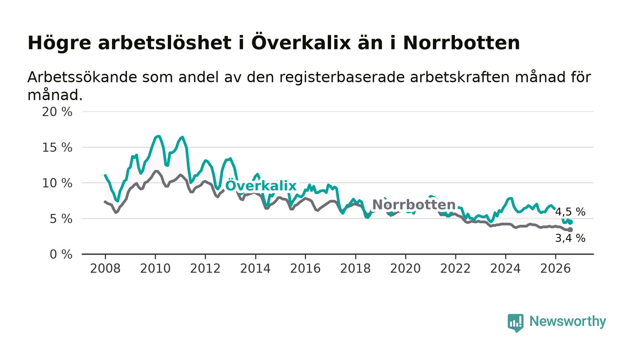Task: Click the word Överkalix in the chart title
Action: point(301,43)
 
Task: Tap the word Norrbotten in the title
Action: point(462,43)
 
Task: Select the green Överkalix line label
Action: point(261,185)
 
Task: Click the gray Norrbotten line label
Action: point(414,204)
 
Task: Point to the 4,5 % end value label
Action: point(570,212)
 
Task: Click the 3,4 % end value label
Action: point(570,238)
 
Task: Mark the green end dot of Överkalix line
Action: point(571,222)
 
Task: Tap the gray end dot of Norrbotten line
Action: point(571,229)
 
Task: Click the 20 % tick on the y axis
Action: point(57,112)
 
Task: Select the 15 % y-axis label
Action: point(57,148)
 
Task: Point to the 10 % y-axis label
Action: point(57,183)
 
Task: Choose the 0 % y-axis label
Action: point(61,254)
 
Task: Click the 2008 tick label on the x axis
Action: point(105,268)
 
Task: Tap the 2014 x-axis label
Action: point(255,268)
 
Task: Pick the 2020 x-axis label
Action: point(405,268)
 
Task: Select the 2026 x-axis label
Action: point(555,268)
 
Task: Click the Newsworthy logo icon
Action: point(515,323)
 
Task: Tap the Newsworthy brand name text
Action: point(567,321)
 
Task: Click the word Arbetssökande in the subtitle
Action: point(82,77)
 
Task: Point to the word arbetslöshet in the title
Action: point(164,43)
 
